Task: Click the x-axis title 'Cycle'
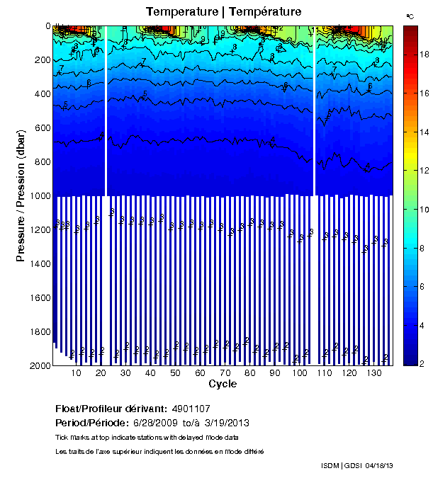pos(223,384)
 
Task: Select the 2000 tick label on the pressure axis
pos(38,365)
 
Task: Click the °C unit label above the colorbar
pos(410,16)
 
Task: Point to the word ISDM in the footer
pos(330,465)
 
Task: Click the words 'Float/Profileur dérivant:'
pos(111,409)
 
